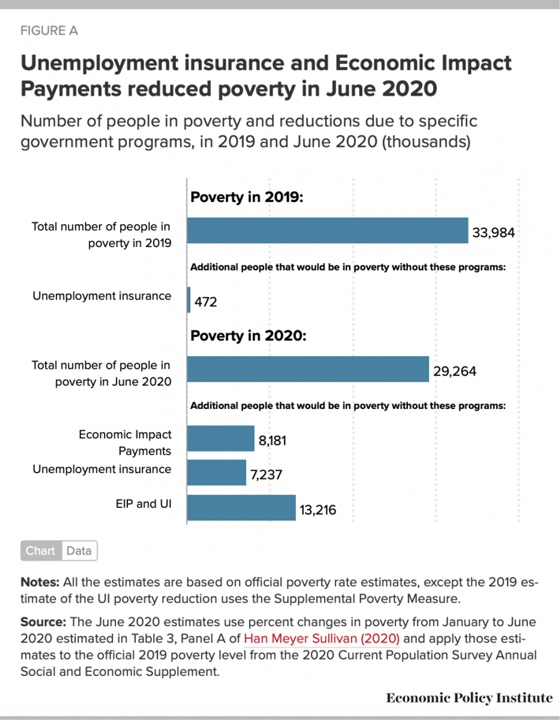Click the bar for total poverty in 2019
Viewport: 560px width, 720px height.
(327, 230)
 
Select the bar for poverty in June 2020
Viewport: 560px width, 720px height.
(308, 369)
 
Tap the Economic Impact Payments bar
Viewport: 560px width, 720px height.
(221, 439)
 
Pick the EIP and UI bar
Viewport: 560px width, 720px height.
(241, 507)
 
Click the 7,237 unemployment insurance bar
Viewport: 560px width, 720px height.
(217, 473)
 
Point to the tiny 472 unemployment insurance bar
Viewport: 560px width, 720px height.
(189, 300)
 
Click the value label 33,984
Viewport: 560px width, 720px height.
(494, 233)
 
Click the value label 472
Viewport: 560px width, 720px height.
(206, 302)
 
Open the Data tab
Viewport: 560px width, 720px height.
(79, 551)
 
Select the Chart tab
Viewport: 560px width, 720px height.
(41, 551)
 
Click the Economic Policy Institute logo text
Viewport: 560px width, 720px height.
(469, 698)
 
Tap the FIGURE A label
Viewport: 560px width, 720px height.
(49, 31)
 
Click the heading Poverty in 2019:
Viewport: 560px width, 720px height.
(246, 198)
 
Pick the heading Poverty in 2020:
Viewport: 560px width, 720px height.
(249, 336)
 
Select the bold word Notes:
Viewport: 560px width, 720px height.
(40, 583)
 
